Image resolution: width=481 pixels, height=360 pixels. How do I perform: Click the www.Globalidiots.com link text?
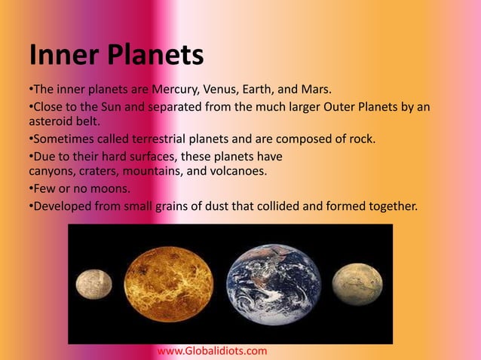pyautogui.click(x=212, y=351)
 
